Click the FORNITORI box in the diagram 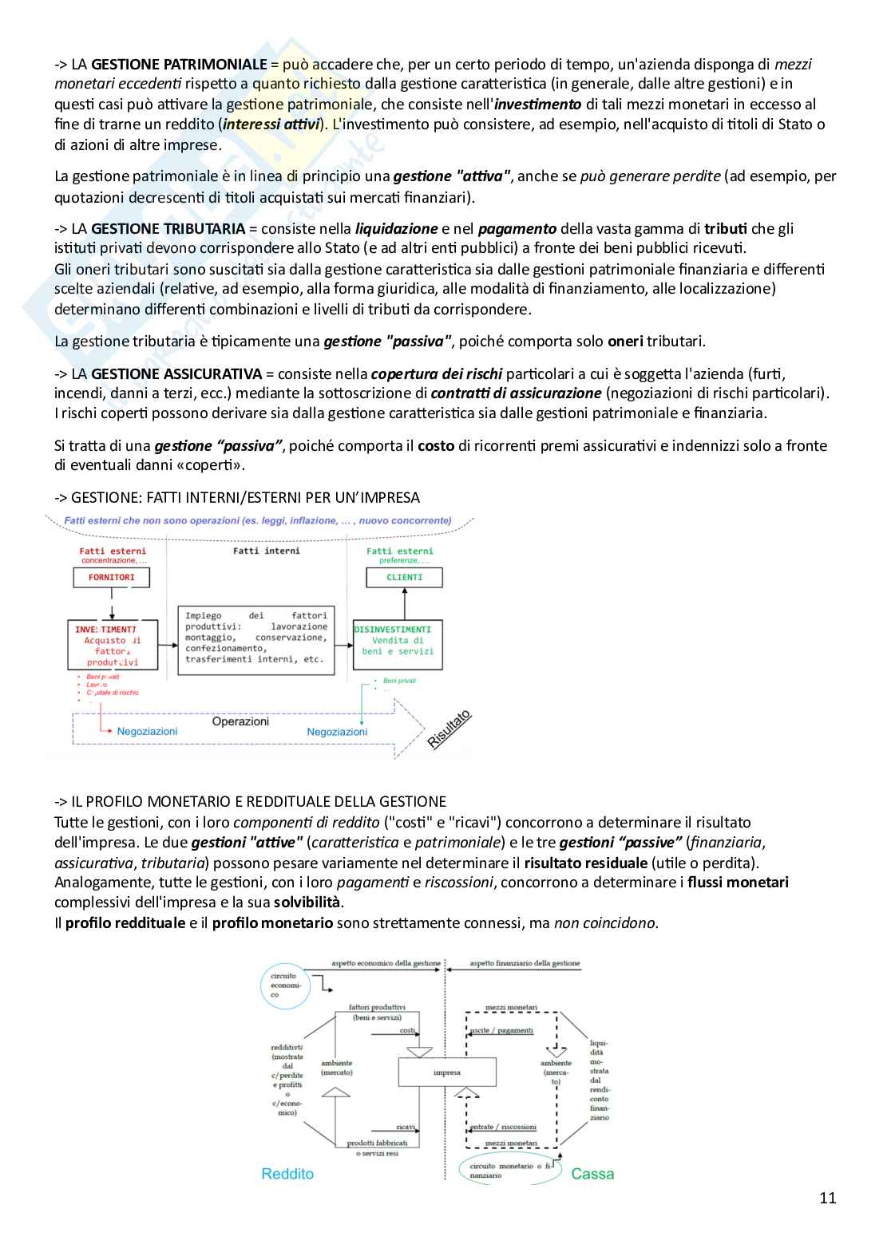click(111, 577)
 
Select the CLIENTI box click(404, 577)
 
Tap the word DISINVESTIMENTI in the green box click(392, 630)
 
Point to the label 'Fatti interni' click(267, 551)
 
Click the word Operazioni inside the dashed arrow click(240, 721)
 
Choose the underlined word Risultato click(449, 729)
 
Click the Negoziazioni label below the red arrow click(147, 731)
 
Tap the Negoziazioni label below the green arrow click(337, 732)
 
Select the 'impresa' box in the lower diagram click(447, 1072)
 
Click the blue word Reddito click(287, 1174)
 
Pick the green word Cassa click(592, 1174)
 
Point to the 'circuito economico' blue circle click(285, 985)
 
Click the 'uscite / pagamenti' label click(501, 1030)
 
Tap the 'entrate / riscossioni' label click(503, 1127)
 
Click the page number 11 click(827, 1197)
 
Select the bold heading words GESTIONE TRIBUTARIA click(168, 229)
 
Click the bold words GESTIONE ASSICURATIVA click(176, 373)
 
